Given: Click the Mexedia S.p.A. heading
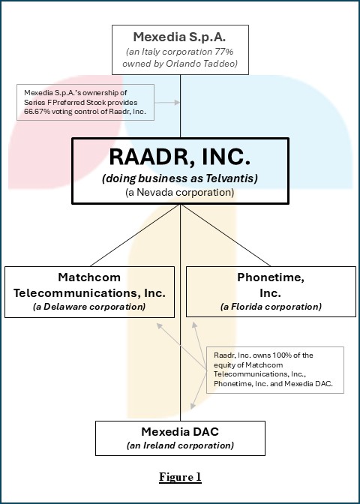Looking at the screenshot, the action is click(x=179, y=37).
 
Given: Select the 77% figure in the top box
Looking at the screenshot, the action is click(x=223, y=52).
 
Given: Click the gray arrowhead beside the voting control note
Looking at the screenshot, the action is click(x=177, y=102).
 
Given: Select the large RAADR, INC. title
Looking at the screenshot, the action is click(x=180, y=157).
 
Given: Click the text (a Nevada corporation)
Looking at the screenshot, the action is click(x=180, y=193).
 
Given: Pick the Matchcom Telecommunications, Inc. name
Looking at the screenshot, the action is click(x=89, y=285).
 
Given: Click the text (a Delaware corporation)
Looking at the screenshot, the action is click(x=89, y=307).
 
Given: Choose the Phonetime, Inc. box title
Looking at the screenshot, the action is click(x=271, y=285).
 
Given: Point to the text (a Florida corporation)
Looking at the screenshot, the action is click(x=271, y=307).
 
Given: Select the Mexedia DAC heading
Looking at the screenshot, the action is click(x=180, y=432).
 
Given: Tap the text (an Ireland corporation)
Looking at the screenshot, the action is click(x=180, y=445).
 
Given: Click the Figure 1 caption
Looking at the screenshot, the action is click(x=180, y=477).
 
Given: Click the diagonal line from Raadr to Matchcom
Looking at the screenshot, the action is click(x=135, y=235).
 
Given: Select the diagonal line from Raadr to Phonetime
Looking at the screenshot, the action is click(x=226, y=235).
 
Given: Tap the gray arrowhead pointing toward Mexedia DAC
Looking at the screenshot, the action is click(x=193, y=406).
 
